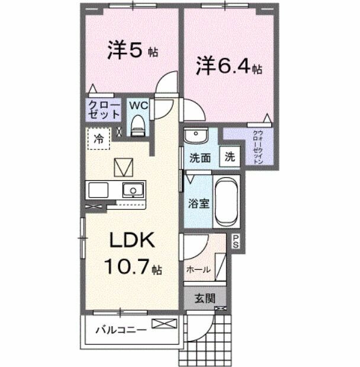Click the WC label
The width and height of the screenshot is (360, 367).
click(x=138, y=106)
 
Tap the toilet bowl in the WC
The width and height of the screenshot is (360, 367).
click(x=138, y=126)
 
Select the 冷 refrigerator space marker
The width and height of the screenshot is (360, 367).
click(x=99, y=140)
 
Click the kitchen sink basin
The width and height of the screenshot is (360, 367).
click(x=133, y=190)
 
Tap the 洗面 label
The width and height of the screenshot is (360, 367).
click(x=200, y=158)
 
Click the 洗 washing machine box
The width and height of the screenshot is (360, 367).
click(x=230, y=158)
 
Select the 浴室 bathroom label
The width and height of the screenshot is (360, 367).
click(x=198, y=203)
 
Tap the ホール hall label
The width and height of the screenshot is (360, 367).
click(x=198, y=269)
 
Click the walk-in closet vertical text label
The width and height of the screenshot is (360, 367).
click(x=256, y=146)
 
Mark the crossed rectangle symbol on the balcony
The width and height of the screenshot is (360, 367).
click(x=164, y=324)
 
